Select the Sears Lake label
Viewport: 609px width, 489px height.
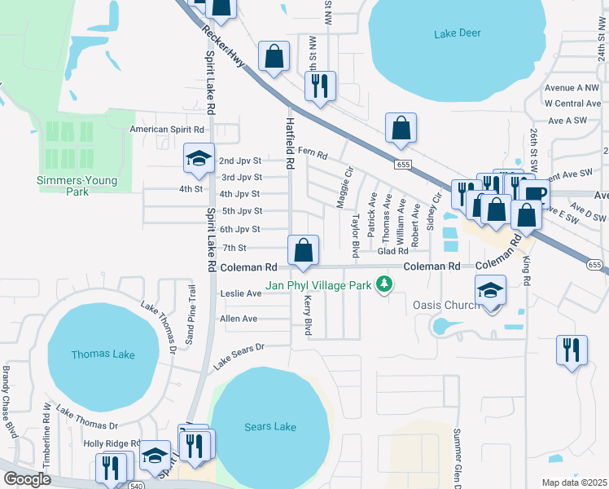(271, 426)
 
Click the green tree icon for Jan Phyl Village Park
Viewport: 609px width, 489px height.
(382, 284)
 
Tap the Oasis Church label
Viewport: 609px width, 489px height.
(453, 306)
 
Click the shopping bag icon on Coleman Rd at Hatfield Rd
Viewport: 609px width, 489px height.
(303, 249)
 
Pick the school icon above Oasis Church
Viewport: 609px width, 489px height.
(491, 290)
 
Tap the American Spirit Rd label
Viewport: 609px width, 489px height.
(168, 130)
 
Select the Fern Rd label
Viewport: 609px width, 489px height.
(312, 152)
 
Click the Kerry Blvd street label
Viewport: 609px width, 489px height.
(309, 316)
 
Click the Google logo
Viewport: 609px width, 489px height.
(28, 479)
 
